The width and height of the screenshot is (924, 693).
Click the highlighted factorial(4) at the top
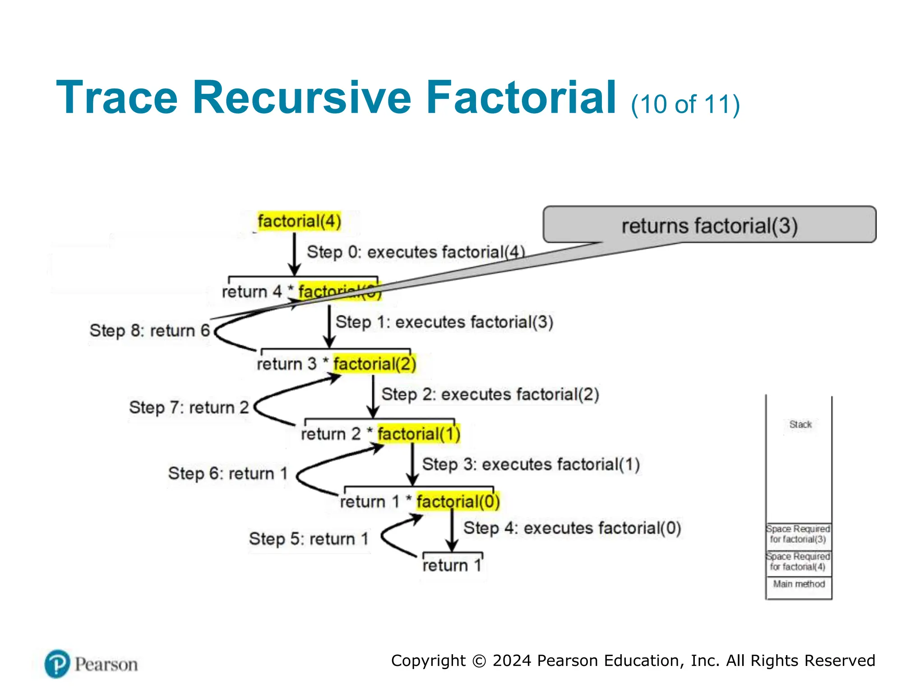(x=299, y=222)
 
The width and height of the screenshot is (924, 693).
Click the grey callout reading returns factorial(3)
(x=709, y=225)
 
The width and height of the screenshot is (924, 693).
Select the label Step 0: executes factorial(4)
(x=416, y=252)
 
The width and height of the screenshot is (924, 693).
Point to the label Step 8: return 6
(x=150, y=330)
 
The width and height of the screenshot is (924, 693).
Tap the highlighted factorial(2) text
(x=374, y=364)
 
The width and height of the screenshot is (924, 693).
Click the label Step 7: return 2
(x=189, y=407)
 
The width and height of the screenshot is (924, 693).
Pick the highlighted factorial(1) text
(x=419, y=434)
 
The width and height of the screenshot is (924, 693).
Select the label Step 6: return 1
(x=228, y=473)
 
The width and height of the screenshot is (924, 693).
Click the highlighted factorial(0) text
(x=458, y=502)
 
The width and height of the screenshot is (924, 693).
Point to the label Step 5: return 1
(x=309, y=539)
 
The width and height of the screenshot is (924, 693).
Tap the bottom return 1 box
(x=452, y=565)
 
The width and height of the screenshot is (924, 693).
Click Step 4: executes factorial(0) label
(x=572, y=528)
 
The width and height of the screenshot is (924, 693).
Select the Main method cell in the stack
(x=799, y=584)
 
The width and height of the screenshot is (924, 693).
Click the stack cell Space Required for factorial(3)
(x=798, y=534)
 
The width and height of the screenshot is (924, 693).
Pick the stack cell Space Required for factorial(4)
(x=798, y=562)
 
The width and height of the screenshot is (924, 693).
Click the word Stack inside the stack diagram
(x=800, y=425)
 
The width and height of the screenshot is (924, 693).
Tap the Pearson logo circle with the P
(x=57, y=664)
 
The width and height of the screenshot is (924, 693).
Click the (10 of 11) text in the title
(x=685, y=105)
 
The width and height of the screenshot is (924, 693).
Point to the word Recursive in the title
(x=301, y=98)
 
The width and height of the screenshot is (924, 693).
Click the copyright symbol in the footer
(x=479, y=661)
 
